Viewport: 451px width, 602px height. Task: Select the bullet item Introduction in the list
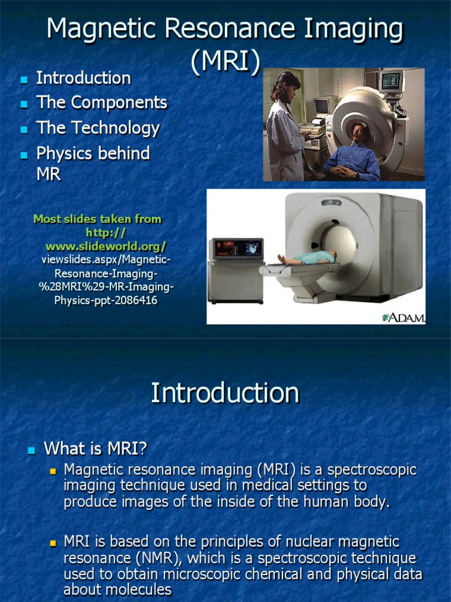coord(83,78)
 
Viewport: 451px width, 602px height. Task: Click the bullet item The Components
coord(102,103)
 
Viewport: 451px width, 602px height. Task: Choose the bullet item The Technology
coord(98,128)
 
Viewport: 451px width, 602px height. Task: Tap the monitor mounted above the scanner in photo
coord(391,82)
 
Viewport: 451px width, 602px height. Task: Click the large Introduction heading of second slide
coord(225,393)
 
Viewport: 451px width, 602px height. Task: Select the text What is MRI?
coord(95,449)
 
